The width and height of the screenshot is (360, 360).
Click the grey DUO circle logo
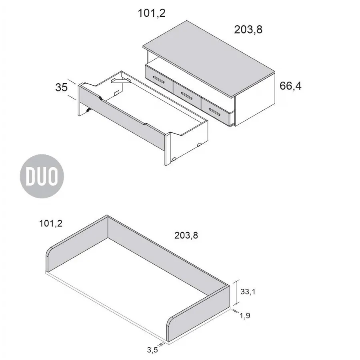pos(42,176)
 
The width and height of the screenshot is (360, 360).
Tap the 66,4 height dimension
pos(290,86)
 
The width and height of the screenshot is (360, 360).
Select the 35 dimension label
pos(62,87)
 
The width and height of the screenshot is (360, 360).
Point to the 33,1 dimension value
pos(248,292)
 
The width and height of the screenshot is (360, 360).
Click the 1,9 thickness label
pos(245,316)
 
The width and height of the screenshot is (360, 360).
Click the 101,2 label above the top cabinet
pos(152,13)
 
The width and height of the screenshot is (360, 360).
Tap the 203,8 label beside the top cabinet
pos(248,29)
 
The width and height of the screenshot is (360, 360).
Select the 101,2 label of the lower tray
pos(51,224)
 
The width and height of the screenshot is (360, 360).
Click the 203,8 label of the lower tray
pos(186,236)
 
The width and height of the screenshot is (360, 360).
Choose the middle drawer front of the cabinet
pos(187,95)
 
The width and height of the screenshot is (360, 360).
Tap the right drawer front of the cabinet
pos(216,110)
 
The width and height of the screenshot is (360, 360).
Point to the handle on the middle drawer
pos(187,95)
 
